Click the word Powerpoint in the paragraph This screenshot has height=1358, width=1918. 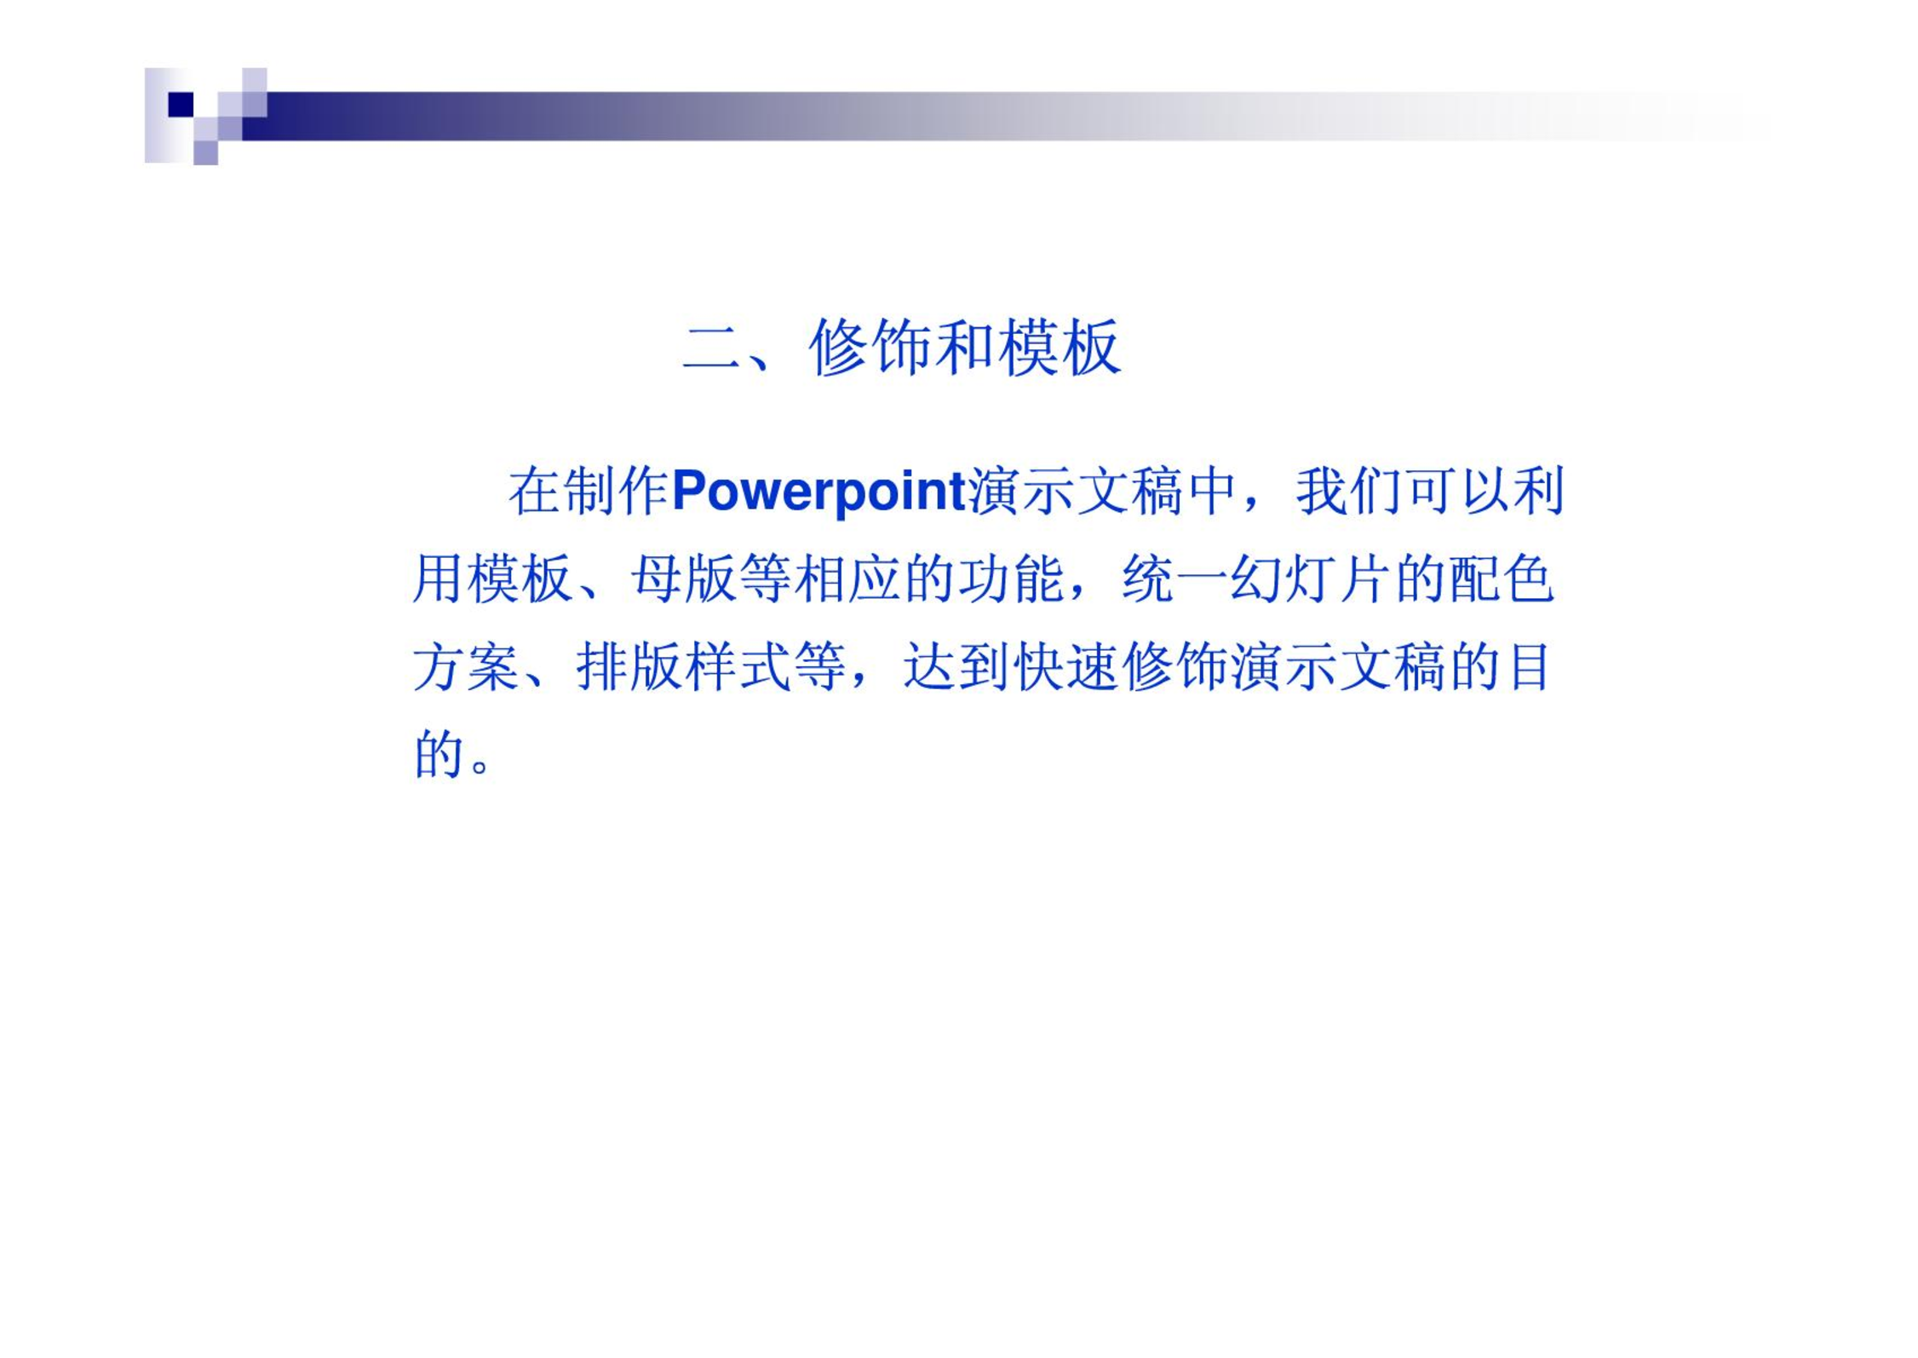818,492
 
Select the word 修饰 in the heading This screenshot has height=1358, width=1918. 870,348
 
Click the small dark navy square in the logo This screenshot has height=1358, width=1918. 181,104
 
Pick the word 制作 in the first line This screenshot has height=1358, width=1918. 616,492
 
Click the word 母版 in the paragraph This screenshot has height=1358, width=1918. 684,579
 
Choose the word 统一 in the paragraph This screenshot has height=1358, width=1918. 1174,579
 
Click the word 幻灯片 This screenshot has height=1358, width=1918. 1311,579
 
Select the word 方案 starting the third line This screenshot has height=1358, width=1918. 466,667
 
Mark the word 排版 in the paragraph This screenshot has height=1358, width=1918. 629,667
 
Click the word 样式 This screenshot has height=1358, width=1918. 738,667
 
